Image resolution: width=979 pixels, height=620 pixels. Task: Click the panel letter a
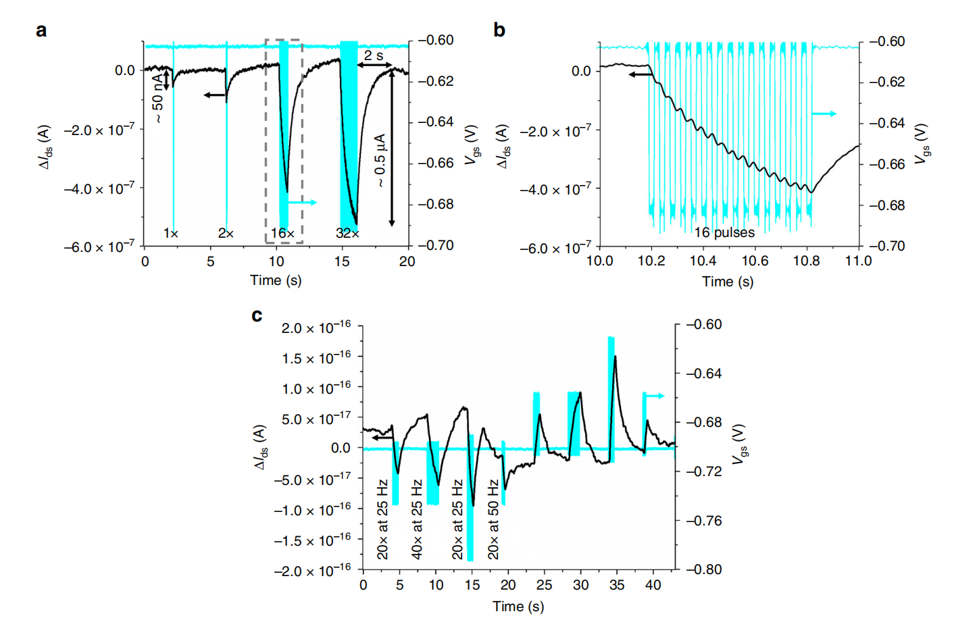pos(42,30)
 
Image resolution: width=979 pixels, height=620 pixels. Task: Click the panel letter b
pos(499,30)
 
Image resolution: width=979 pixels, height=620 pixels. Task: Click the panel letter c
pos(257,315)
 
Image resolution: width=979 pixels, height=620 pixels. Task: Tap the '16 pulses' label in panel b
pos(724,233)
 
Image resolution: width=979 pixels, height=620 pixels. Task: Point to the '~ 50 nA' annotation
pos(157,99)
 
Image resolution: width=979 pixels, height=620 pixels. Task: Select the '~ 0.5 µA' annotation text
pos(380,160)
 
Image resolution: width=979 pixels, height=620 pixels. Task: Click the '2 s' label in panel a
pos(374,55)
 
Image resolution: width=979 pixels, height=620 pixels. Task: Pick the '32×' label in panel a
pos(347,233)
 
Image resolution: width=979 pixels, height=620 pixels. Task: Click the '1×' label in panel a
pos(170,233)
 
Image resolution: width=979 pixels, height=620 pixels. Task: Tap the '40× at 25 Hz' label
pos(417,519)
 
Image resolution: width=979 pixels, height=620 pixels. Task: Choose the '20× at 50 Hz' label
pos(493,519)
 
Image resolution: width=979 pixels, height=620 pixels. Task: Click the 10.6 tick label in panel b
pos(755,261)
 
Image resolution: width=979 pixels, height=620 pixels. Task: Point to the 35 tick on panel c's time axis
pos(617,585)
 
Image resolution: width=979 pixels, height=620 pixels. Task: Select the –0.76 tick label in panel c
pos(704,521)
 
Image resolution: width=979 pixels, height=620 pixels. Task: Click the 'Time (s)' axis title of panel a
pos(276,280)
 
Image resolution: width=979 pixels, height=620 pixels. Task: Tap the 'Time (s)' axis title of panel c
pos(518,606)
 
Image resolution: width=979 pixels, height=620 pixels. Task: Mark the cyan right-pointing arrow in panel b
pos(824,113)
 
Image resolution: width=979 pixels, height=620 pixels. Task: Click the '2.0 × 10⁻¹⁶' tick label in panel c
pos(316,328)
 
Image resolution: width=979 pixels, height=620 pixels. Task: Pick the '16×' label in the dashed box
pos(282,233)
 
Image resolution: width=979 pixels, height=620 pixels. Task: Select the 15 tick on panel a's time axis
pos(342,261)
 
